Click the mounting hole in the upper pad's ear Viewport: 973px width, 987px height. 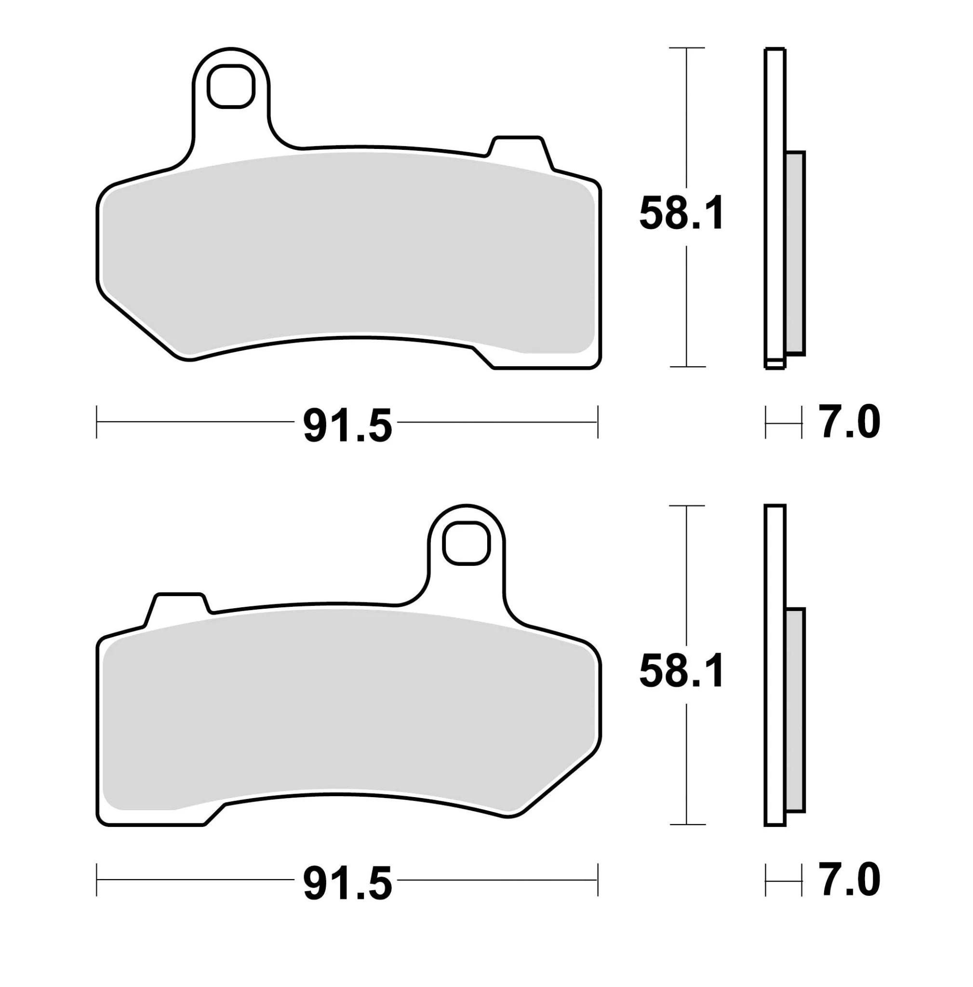click(x=231, y=86)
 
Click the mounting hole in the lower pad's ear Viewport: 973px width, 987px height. click(x=467, y=543)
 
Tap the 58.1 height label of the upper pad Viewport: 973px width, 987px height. click(x=681, y=213)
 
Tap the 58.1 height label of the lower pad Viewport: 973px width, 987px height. click(x=681, y=670)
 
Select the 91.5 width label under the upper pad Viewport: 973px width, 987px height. click(x=347, y=425)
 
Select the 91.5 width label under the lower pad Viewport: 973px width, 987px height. click(x=347, y=882)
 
